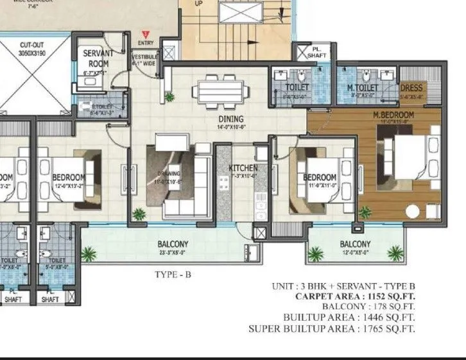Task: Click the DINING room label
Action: pyautogui.click(x=230, y=119)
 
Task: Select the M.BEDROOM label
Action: pyautogui.click(x=393, y=115)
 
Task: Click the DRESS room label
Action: pyautogui.click(x=411, y=87)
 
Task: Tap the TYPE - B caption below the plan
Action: pyautogui.click(x=173, y=275)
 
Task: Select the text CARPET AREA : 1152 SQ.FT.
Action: pyautogui.click(x=355, y=297)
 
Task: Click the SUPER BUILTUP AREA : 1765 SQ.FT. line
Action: pyautogui.click(x=331, y=329)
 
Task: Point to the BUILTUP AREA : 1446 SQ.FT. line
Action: pyautogui.click(x=349, y=318)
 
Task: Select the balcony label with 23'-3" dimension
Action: pyautogui.click(x=173, y=244)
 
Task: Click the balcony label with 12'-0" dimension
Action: pyautogui.click(x=355, y=244)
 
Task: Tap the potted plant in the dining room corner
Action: pyautogui.click(x=169, y=98)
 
